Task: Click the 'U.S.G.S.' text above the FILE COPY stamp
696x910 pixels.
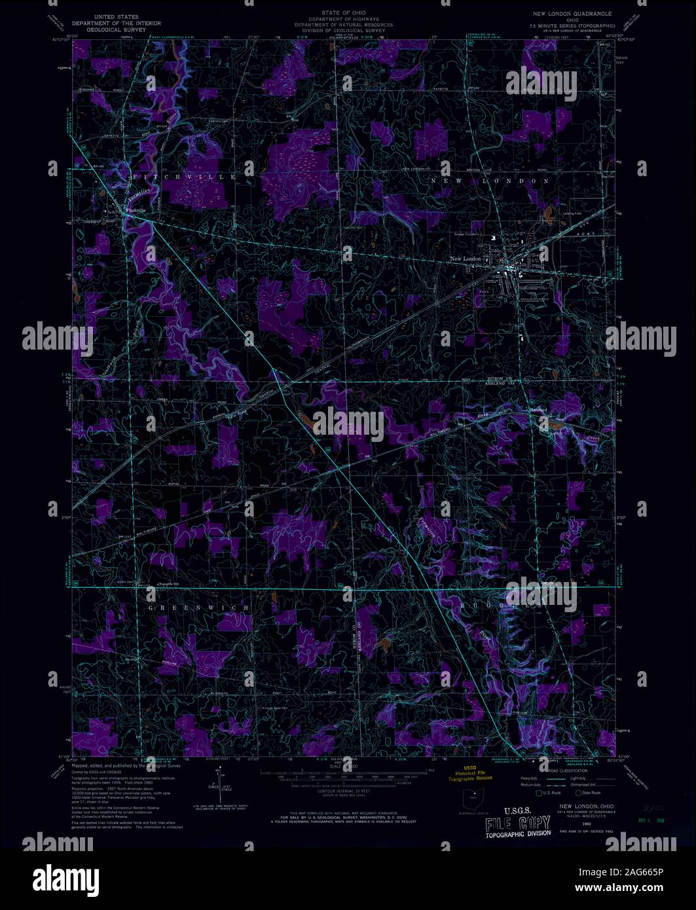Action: (x=513, y=809)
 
